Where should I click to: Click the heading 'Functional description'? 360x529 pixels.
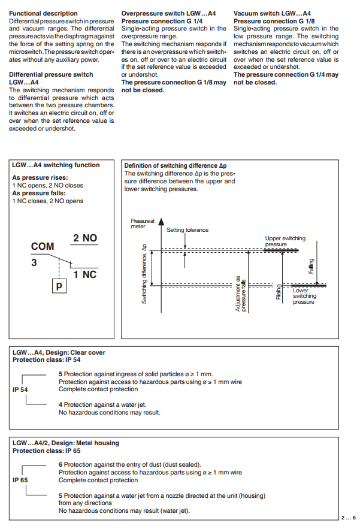coord(44,13)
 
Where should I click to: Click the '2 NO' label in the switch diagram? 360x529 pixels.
coord(85,238)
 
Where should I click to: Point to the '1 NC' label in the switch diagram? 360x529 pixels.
coord(85,274)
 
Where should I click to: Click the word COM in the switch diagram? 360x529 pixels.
coord(43,246)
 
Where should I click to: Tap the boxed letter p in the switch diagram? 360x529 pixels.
coord(59,286)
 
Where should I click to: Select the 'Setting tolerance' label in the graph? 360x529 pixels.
coord(187,230)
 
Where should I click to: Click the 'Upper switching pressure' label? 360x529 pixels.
coord(285,241)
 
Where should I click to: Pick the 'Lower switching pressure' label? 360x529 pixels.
coord(304,296)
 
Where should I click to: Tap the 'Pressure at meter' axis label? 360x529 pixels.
coord(142,223)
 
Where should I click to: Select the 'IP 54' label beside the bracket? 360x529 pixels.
coord(20,389)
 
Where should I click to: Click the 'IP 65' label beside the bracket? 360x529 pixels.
coord(20,480)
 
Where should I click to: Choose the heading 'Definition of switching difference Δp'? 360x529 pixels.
coord(176,165)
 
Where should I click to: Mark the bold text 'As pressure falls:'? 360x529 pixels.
coord(38,193)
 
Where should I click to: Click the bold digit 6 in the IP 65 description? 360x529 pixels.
coord(60,464)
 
